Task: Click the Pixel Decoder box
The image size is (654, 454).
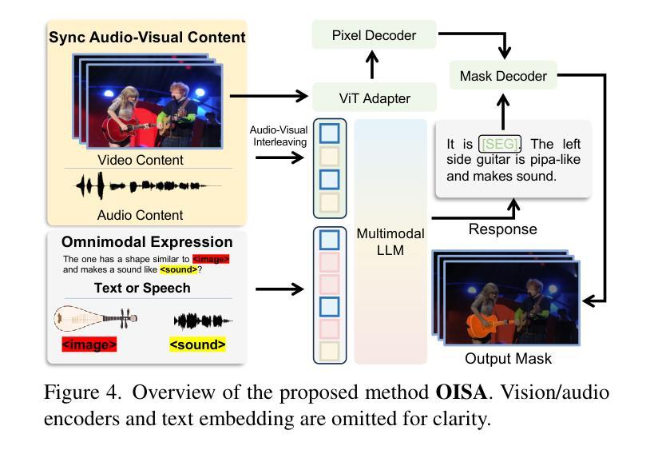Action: point(375,35)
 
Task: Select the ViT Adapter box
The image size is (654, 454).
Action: point(375,98)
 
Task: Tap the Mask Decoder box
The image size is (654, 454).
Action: point(503,76)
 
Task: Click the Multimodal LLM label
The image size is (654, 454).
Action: point(390,242)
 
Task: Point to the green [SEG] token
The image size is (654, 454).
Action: point(499,144)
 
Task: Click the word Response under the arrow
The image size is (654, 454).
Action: point(502,229)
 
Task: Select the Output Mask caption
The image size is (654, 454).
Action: point(508,358)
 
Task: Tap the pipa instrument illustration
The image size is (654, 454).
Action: point(96,319)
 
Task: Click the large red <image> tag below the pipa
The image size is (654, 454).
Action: point(89,344)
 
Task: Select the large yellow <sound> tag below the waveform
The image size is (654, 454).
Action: point(198,344)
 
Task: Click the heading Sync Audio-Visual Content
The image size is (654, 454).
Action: point(147,37)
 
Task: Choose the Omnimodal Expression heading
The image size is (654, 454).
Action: point(147,242)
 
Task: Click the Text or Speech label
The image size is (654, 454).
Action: point(142,288)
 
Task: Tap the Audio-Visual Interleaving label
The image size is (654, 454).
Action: point(279,136)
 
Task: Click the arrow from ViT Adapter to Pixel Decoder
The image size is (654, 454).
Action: point(371,65)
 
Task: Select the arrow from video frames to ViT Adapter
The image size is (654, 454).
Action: point(269,96)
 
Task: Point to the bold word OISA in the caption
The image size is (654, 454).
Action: point(462,392)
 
